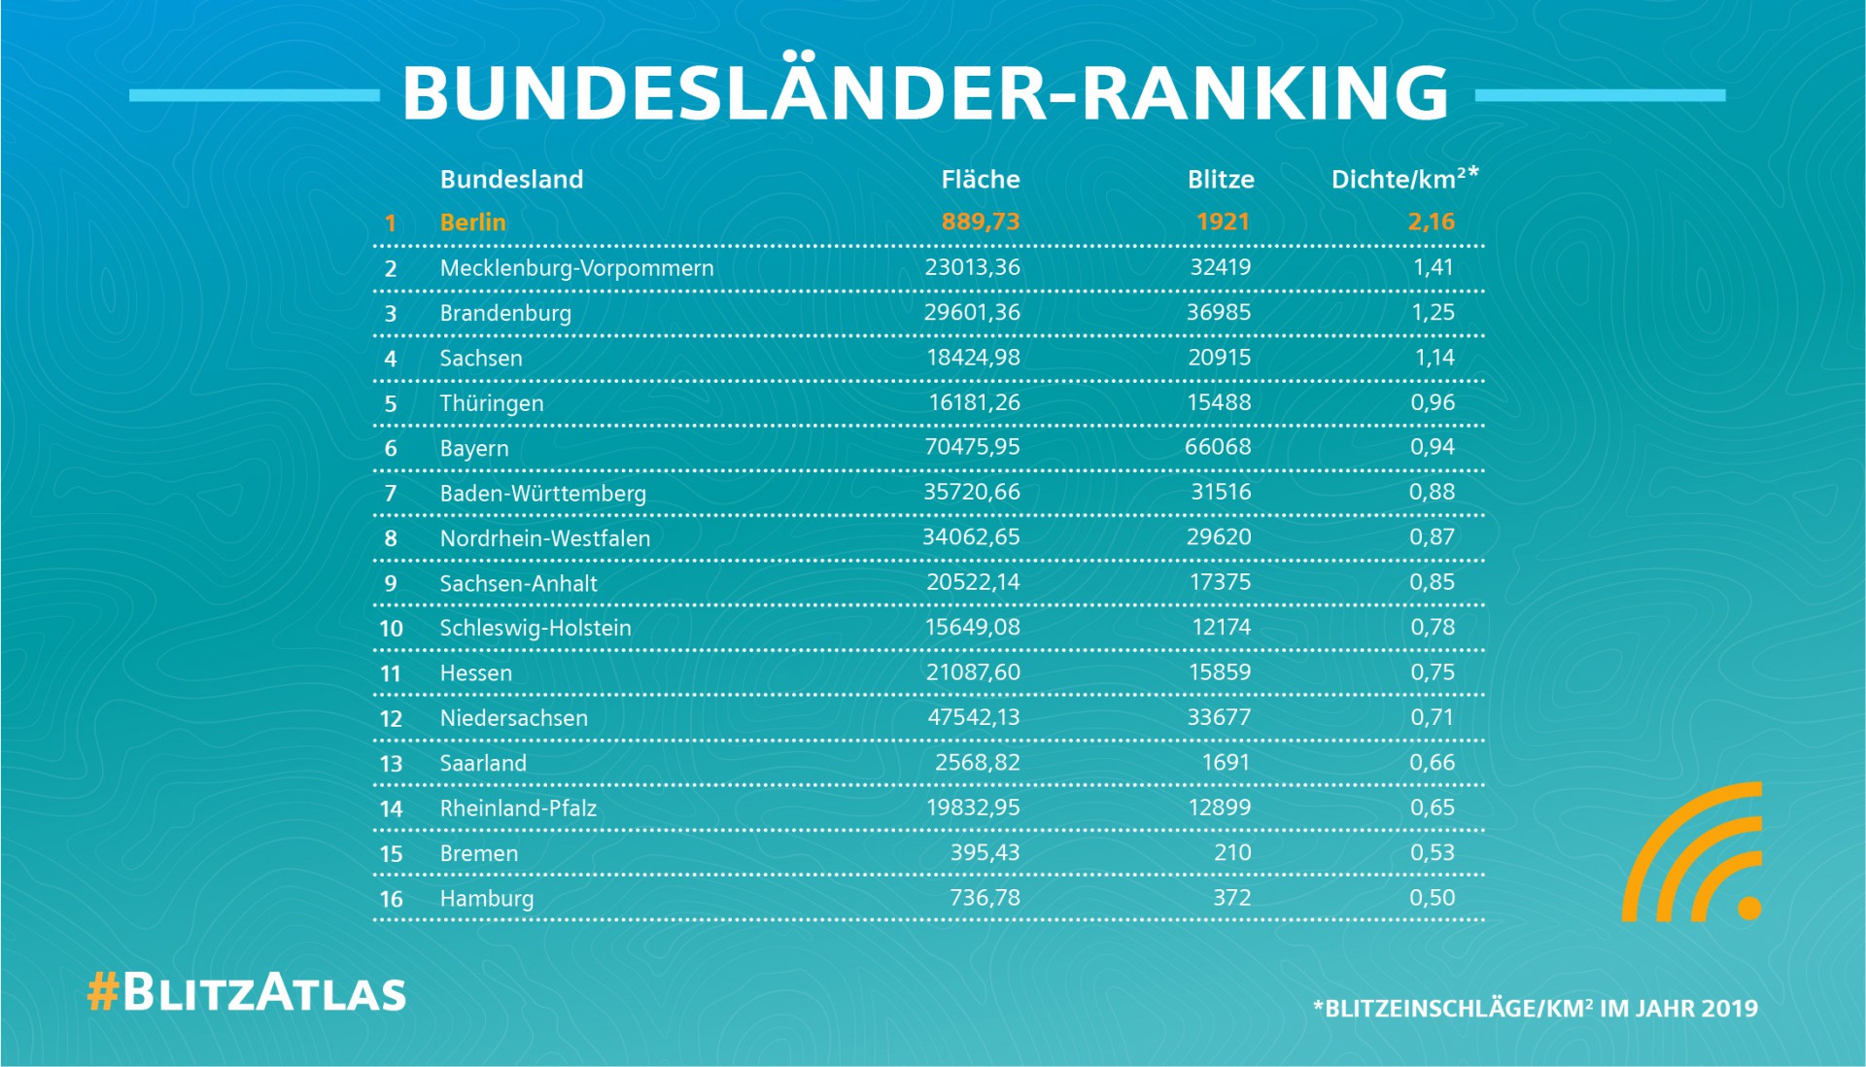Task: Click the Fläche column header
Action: tap(980, 180)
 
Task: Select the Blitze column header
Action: tap(1220, 180)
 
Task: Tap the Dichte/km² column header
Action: tap(1403, 179)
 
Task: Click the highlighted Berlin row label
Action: tap(472, 223)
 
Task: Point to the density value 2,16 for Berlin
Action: tap(1431, 222)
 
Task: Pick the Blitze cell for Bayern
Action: tap(1219, 447)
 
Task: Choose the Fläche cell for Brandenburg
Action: tap(972, 312)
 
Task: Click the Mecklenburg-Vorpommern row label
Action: tap(576, 268)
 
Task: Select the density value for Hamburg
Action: tap(1432, 898)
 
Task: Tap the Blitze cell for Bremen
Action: tap(1231, 852)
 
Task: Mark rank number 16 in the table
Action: tap(391, 899)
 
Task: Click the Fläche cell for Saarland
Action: tap(977, 763)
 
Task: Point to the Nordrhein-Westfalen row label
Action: tap(544, 538)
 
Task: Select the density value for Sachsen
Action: tap(1434, 358)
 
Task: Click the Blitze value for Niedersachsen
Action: tap(1219, 717)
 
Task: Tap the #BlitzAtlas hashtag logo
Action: tap(247, 993)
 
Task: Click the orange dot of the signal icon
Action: tap(1748, 908)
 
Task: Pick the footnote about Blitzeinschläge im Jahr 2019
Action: tap(1535, 1008)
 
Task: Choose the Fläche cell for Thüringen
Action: tap(974, 402)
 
